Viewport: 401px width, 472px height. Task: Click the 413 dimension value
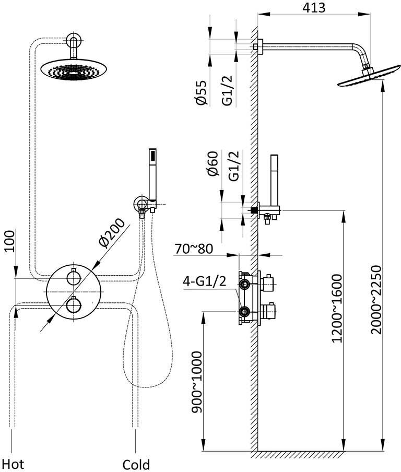pyautogui.click(x=314, y=8)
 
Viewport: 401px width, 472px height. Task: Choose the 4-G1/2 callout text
pyautogui.click(x=204, y=282)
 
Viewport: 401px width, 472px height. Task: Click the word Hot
pyautogui.click(x=13, y=463)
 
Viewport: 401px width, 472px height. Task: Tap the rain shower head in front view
pyautogui.click(x=74, y=69)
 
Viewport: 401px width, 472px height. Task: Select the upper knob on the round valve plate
pyautogui.click(x=74, y=277)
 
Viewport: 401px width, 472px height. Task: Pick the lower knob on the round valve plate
pyautogui.click(x=74, y=304)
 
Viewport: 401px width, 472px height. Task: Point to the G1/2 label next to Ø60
pyautogui.click(x=234, y=166)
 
